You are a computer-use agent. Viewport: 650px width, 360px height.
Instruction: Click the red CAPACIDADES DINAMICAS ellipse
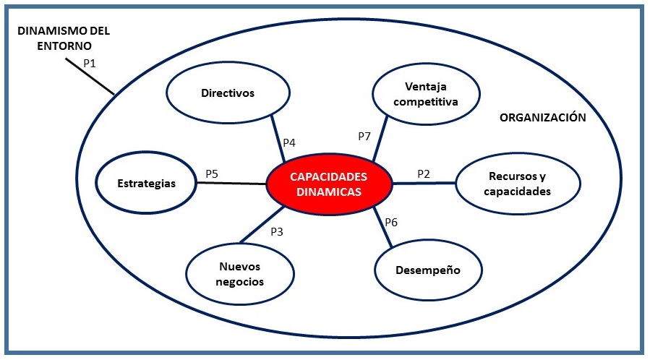point(329,184)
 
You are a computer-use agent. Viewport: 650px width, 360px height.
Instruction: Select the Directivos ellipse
point(228,93)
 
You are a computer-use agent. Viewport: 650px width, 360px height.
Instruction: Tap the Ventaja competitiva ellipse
point(426,94)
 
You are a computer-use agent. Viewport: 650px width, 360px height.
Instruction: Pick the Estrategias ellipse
point(146,183)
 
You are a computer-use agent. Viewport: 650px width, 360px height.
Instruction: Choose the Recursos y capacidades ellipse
point(518,184)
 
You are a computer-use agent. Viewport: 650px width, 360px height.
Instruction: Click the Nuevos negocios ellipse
point(240,274)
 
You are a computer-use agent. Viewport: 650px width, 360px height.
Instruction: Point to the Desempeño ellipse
point(428,270)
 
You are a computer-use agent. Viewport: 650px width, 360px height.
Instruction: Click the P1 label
point(90,64)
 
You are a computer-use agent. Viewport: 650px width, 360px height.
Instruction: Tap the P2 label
point(424,174)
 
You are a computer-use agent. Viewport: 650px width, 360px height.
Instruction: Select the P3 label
point(277,231)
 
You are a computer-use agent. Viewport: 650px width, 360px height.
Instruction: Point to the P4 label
point(289,143)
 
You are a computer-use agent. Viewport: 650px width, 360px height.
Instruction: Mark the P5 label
point(212,174)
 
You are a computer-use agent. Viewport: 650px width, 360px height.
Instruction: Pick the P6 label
point(391,223)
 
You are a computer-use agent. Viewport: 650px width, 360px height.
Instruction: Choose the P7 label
point(364,137)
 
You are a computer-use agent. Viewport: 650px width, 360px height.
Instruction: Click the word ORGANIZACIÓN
point(543,118)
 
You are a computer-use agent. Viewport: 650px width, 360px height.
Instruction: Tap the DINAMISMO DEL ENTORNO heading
point(64,38)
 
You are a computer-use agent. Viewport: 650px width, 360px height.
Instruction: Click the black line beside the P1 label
point(90,76)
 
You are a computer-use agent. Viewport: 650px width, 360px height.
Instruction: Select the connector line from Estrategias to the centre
point(231,183)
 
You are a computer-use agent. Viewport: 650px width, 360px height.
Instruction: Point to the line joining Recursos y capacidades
point(424,183)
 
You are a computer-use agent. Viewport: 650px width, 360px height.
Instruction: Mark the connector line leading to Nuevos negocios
point(262,224)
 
